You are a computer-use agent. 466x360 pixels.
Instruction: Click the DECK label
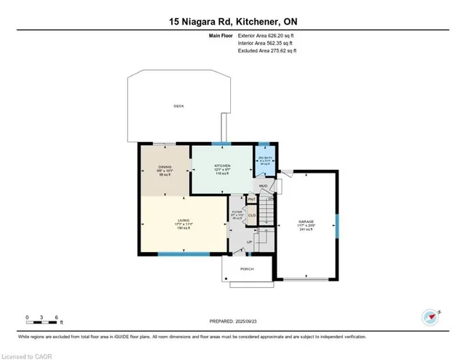tap(178, 106)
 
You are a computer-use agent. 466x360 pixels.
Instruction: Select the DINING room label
tap(164, 166)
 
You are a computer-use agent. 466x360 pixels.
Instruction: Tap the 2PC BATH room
tap(264, 161)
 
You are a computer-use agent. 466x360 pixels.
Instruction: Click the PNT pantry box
tap(251, 199)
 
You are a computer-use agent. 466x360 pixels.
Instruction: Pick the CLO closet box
tap(251, 215)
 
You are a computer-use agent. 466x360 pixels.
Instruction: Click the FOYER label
tap(237, 213)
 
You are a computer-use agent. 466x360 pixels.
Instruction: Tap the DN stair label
tap(270, 198)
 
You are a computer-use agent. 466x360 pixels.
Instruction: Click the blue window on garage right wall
tap(336, 223)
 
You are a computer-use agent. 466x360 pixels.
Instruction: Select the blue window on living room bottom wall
tap(179, 253)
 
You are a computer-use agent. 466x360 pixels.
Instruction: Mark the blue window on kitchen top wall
tap(221, 144)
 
